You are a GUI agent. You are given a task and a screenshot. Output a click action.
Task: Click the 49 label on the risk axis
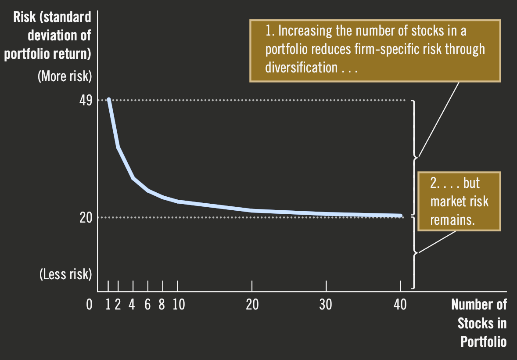86,101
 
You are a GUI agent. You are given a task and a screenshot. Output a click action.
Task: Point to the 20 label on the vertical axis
86,217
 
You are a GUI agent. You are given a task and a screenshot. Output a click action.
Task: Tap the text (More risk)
65,76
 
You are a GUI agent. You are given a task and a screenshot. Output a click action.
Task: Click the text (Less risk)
65,274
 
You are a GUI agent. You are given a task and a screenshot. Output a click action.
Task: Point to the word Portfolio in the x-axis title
483,342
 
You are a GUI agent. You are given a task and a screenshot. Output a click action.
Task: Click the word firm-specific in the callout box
381,49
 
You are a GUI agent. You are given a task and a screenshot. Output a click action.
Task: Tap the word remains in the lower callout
452,220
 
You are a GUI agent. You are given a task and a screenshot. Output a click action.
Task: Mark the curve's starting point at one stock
109,100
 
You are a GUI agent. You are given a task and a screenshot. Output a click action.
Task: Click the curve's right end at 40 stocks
400,216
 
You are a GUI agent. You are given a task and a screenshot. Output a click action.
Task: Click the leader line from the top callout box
439,119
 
